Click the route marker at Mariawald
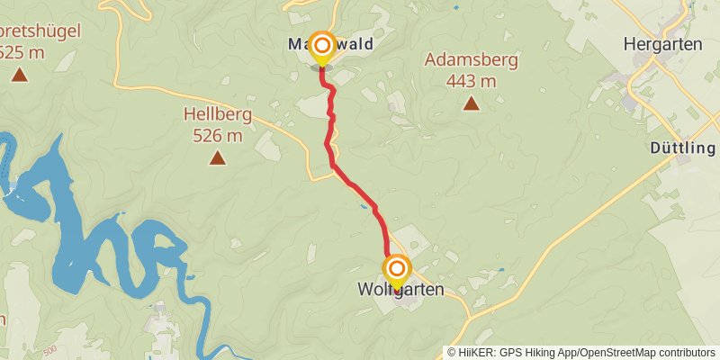(x=321, y=45)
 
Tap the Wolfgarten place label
(x=400, y=291)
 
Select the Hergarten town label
(x=661, y=42)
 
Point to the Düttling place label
(x=682, y=148)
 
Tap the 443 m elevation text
(x=472, y=81)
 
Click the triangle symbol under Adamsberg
(x=471, y=103)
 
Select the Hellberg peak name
(x=217, y=115)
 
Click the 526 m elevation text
(x=217, y=136)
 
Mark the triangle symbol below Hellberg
(x=217, y=158)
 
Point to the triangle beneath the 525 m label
(x=19, y=75)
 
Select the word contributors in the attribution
(x=686, y=353)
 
